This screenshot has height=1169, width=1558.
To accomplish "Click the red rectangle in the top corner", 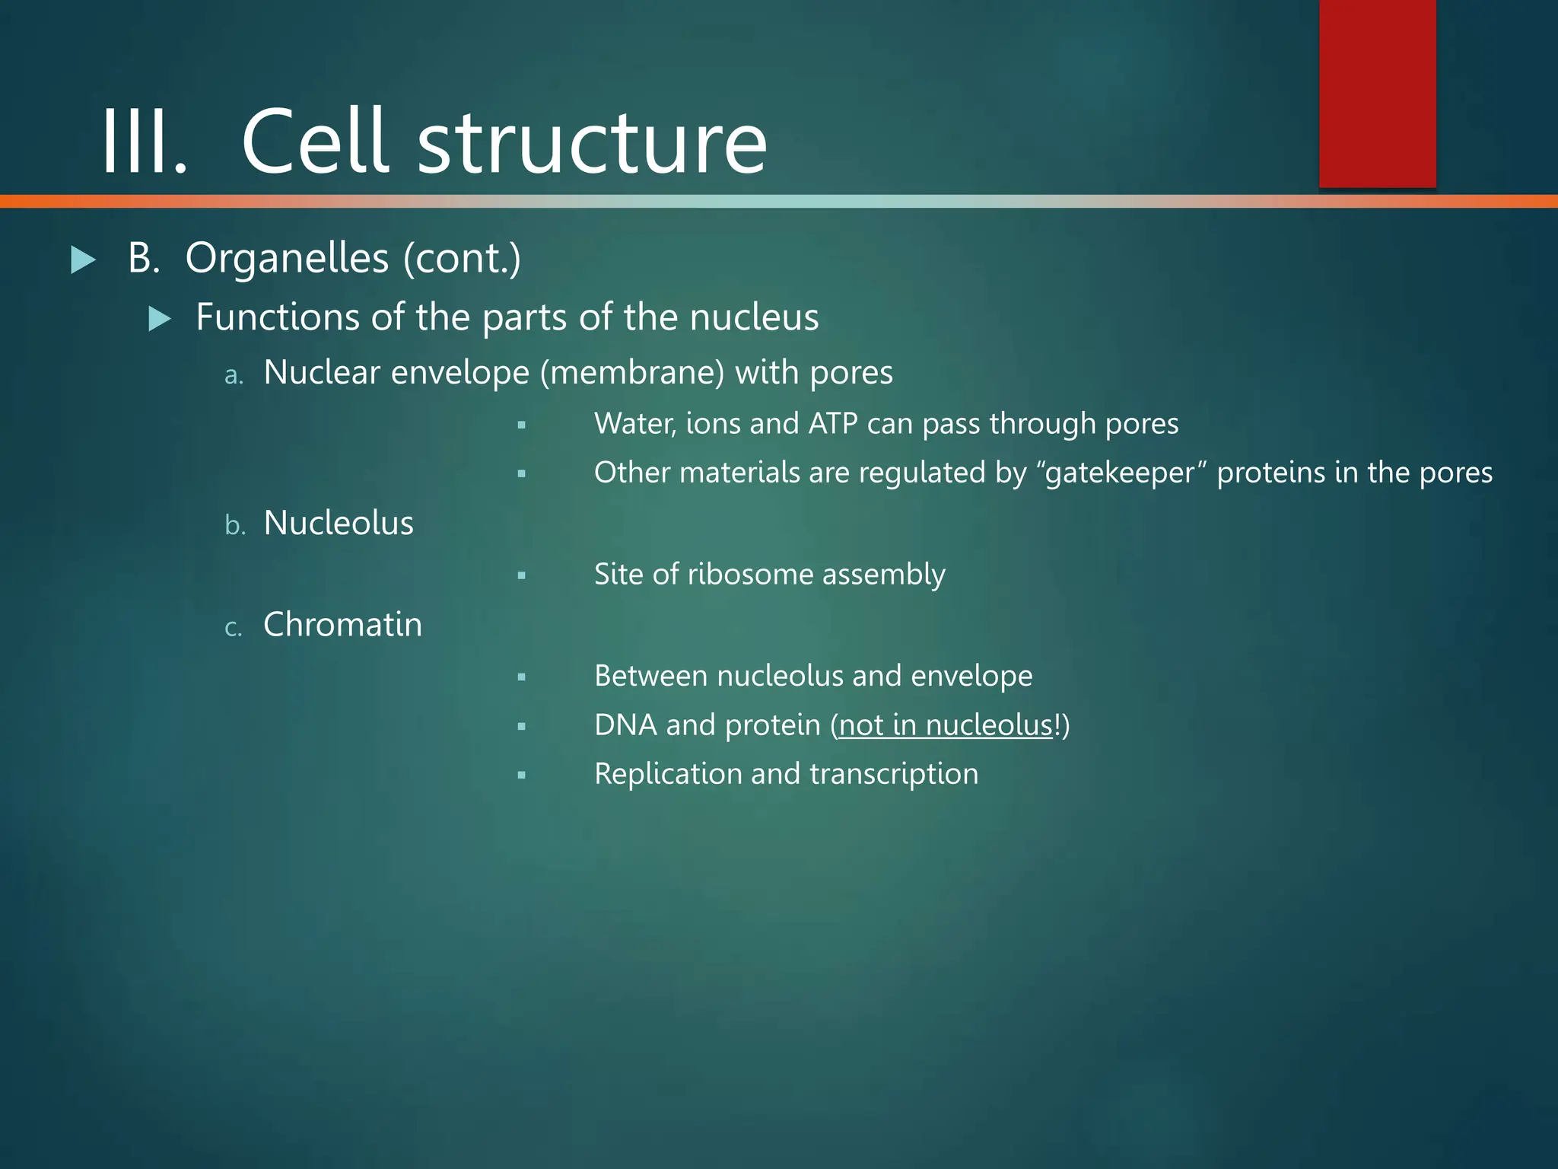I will [x=1377, y=93].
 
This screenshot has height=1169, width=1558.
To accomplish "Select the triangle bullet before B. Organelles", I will [x=83, y=260].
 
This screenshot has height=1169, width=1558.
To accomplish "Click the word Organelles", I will [x=287, y=259].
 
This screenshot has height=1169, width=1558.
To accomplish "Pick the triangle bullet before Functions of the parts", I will [x=160, y=318].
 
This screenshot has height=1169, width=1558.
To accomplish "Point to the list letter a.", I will [x=234, y=375].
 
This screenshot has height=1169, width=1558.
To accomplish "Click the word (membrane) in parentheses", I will [x=632, y=373].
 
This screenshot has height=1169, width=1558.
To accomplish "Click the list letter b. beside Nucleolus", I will [x=235, y=525].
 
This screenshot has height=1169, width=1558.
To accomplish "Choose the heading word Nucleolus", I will [x=339, y=524].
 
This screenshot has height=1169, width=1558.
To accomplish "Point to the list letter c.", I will [x=234, y=628].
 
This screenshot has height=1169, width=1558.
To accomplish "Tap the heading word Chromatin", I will [x=342, y=625].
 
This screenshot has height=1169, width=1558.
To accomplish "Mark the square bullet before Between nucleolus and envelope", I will [x=521, y=677].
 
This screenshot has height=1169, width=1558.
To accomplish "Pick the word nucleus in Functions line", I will [x=753, y=317].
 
